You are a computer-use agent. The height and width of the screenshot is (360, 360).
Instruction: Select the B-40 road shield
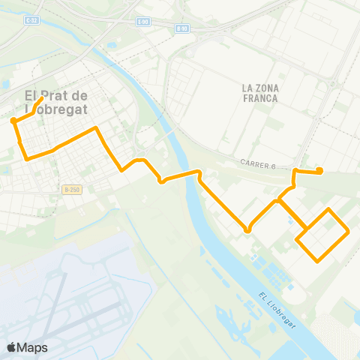181,28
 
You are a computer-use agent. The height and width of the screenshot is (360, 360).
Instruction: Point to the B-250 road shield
71,191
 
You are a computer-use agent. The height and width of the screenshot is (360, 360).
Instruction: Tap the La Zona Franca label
260,93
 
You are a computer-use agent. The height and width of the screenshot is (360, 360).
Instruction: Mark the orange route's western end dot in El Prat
13,120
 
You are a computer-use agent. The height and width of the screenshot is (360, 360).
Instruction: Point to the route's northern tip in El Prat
40,97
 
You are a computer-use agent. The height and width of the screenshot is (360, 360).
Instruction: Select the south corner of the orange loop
319,260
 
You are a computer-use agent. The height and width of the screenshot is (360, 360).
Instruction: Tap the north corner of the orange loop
328,208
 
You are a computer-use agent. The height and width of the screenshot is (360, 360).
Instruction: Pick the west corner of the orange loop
298,241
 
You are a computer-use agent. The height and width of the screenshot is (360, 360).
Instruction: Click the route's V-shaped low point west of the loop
247,231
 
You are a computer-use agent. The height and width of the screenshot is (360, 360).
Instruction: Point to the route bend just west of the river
161,181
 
